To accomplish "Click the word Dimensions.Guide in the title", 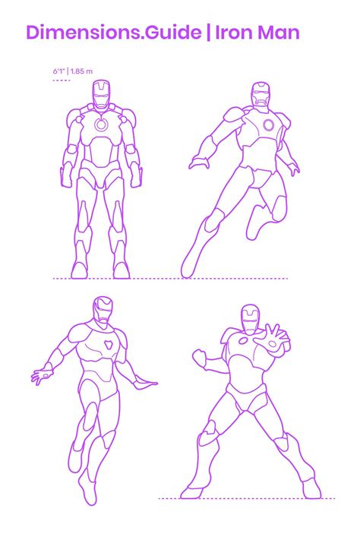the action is pos(114,33).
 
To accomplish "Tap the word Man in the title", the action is pos(278,33).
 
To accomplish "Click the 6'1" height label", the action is pos(58,71).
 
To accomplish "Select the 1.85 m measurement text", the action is pos(82,71).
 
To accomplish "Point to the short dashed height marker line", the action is pos(62,81).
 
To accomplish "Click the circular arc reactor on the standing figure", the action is pos(101,125).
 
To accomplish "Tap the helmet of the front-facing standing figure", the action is pos(101,94).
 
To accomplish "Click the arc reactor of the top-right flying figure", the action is pos(268,125).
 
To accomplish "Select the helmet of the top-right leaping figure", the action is pos(261,94).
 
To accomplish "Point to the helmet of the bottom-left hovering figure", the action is pos(103,311).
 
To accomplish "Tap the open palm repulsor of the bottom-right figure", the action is pos(273,344).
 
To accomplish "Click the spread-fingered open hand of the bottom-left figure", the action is pos(42,377).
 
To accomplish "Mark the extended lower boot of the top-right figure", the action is pos(193,253).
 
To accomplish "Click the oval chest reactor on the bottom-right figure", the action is pos(243,341).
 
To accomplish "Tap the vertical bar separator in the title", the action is pos(208,33).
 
